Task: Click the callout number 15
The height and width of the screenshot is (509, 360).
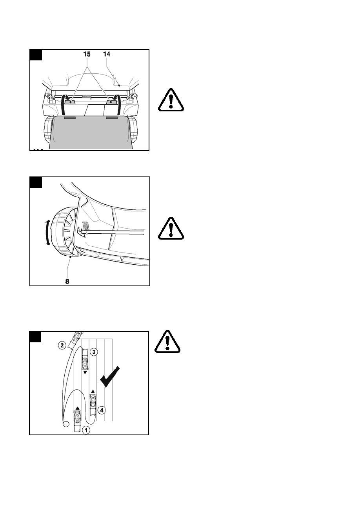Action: [87, 55]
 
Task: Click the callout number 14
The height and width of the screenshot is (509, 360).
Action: [107, 55]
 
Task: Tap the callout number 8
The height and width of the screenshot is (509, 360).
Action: [67, 281]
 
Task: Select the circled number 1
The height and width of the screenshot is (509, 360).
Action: [85, 430]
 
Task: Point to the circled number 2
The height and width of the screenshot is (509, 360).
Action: [62, 345]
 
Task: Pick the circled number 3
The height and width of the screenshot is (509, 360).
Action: [93, 352]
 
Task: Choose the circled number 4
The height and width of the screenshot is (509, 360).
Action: [101, 410]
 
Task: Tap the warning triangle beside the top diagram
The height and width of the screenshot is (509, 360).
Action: [171, 100]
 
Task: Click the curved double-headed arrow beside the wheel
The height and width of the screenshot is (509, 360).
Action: [48, 233]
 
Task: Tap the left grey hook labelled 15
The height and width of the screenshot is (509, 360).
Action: [70, 102]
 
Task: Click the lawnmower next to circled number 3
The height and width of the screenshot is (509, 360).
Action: [85, 363]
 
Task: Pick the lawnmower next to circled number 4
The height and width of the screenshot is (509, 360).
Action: [93, 402]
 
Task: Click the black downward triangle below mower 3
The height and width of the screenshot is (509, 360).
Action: [85, 373]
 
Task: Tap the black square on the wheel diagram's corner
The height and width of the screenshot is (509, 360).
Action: [36, 182]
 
